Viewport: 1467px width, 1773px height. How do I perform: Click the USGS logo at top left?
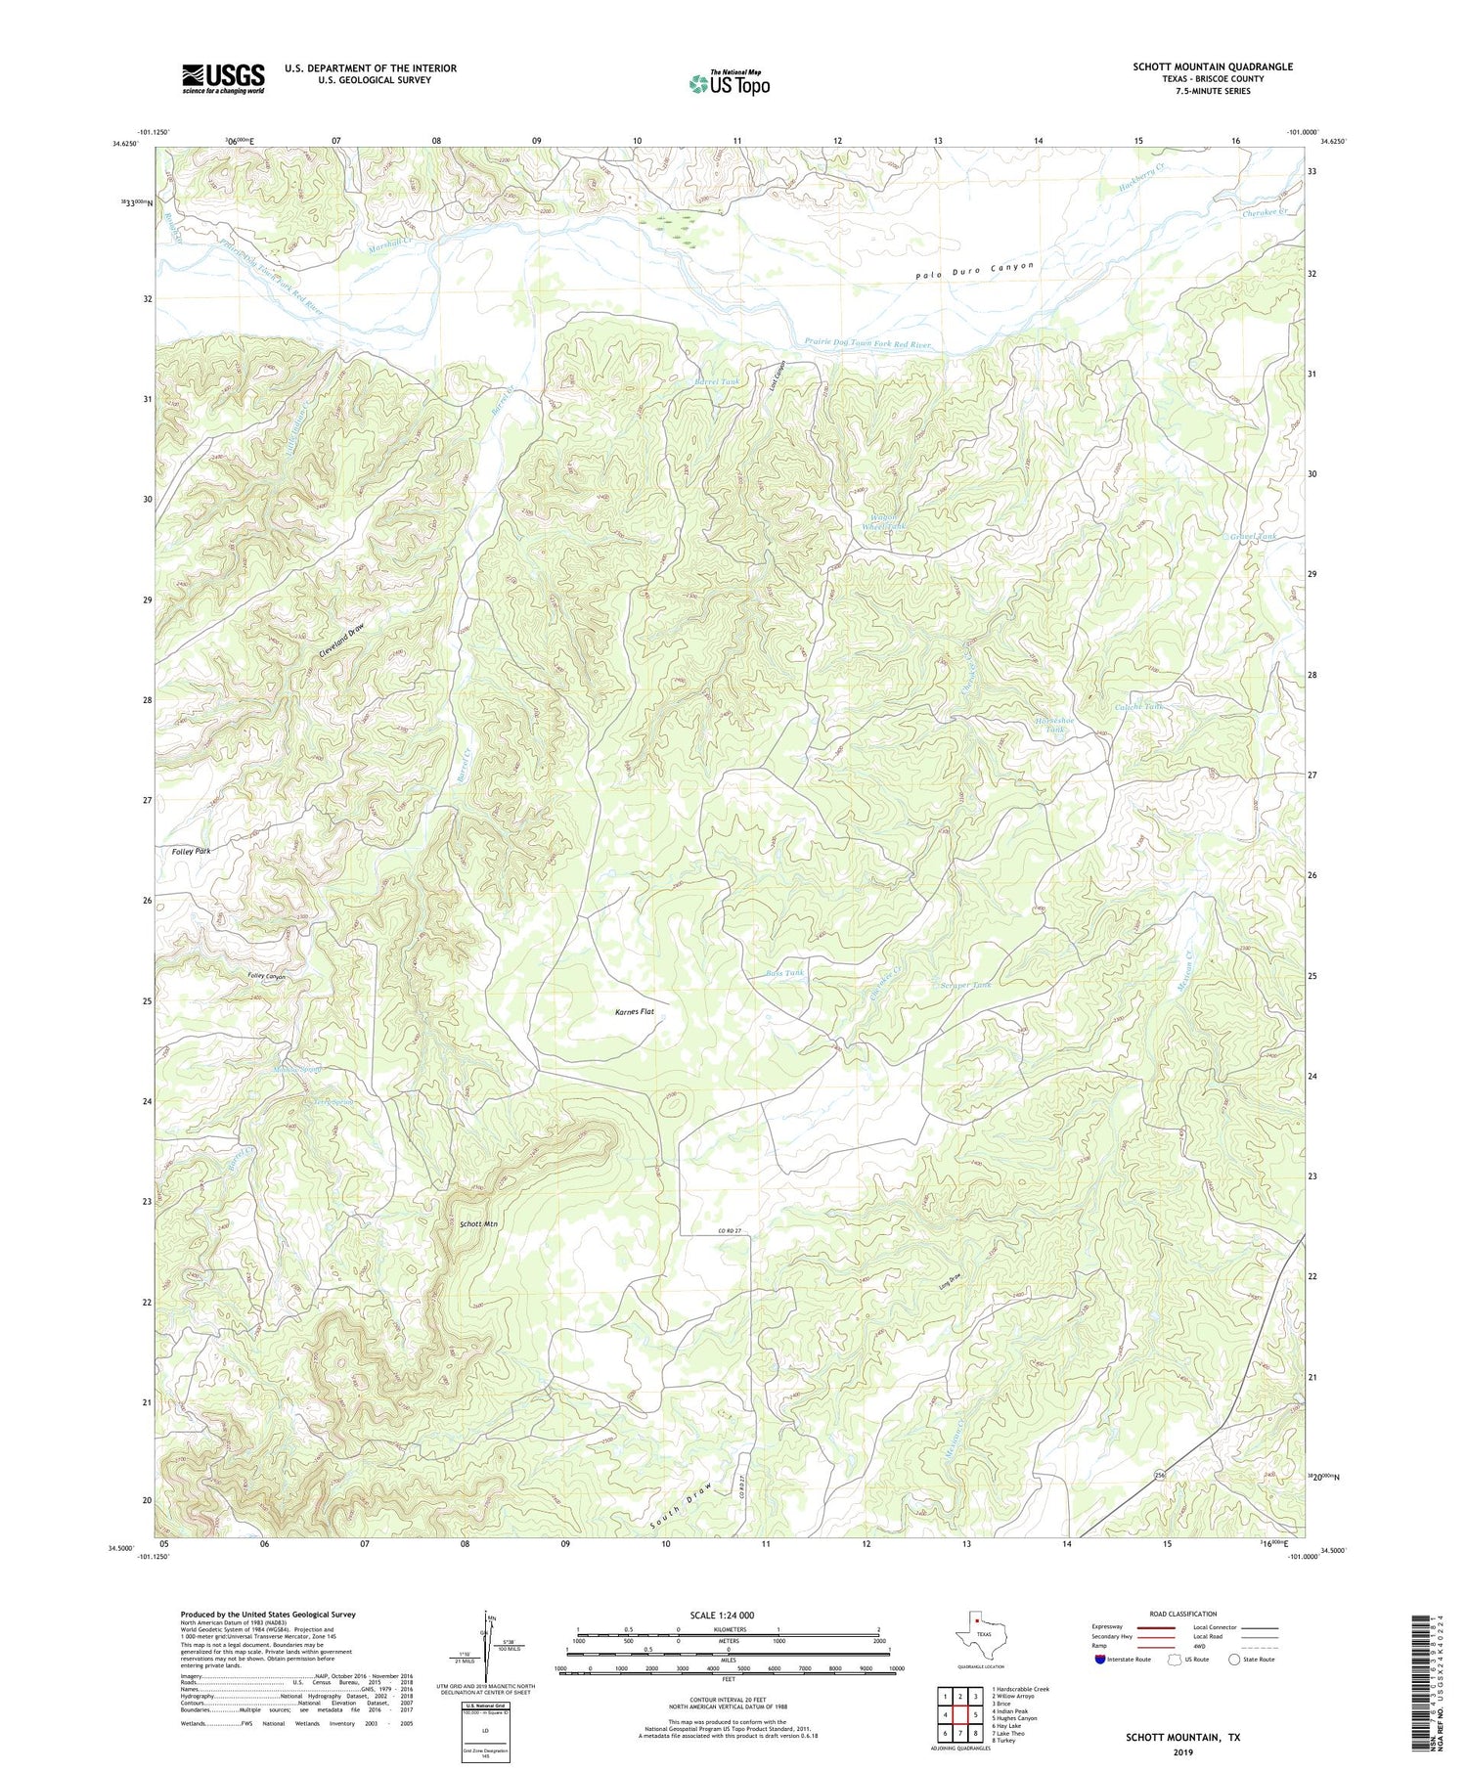click(223, 78)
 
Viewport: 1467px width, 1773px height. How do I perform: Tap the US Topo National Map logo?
click(729, 83)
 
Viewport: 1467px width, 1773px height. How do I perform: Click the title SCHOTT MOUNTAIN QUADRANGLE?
click(1212, 66)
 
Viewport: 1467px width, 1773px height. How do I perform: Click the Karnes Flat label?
click(621, 1011)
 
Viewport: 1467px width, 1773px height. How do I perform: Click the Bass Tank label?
click(785, 973)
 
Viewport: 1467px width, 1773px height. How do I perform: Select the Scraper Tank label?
click(965, 985)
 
